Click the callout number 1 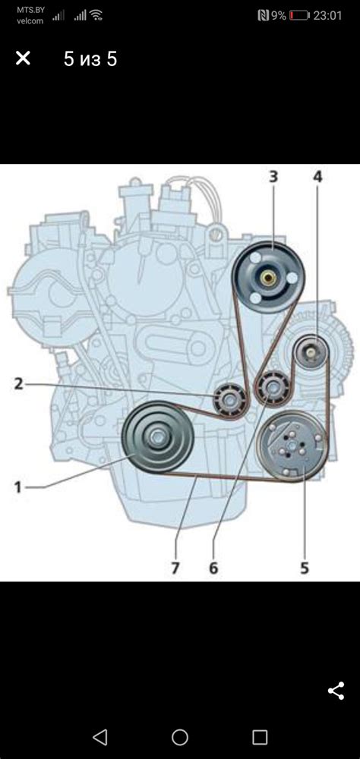pos(18,486)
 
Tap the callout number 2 pos(18,384)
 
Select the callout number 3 pos(273,177)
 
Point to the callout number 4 pos(317,177)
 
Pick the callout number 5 pos(305,568)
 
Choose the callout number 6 pos(213,568)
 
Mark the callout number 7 pos(175,568)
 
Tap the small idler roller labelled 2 pos(228,400)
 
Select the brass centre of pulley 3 pos(267,278)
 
